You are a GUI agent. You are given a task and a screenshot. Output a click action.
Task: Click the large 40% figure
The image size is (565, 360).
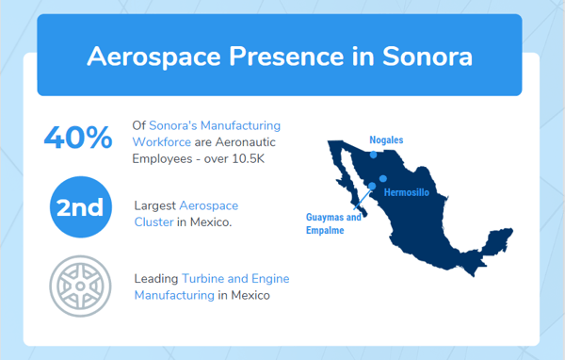[78, 138]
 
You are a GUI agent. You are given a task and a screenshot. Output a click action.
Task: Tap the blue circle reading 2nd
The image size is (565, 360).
[79, 207]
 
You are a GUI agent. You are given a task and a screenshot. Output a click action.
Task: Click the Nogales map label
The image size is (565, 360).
[386, 140]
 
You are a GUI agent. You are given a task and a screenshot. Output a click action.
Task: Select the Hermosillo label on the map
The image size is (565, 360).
[407, 192]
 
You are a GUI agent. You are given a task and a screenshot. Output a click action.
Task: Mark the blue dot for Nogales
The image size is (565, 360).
[373, 155]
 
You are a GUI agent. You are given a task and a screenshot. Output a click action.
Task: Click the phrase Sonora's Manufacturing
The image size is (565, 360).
[215, 125]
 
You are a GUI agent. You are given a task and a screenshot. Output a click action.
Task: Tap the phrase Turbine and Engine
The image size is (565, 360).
[235, 279]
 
